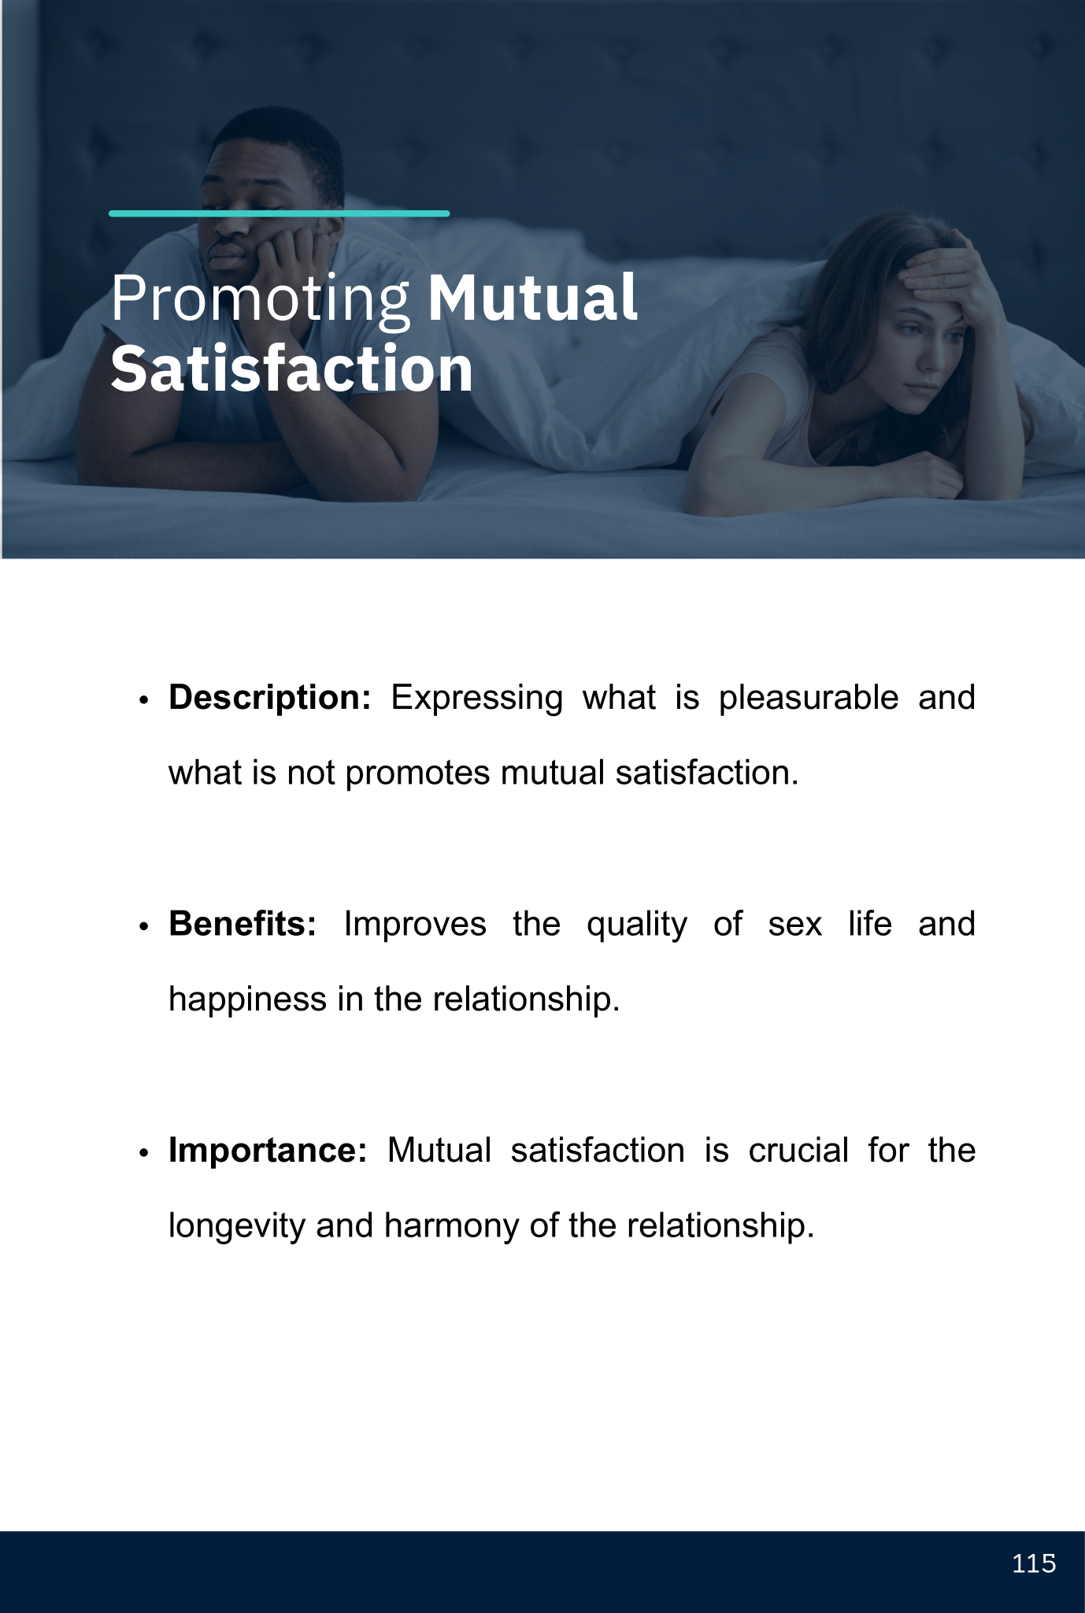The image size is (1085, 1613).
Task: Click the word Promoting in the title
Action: tap(261, 300)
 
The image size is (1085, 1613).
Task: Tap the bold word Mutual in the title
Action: tap(532, 297)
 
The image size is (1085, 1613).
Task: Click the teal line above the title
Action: tap(280, 213)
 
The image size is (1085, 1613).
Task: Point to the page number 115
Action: tap(1034, 1563)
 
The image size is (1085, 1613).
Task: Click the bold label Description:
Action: tap(269, 698)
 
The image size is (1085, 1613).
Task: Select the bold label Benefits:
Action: tap(243, 924)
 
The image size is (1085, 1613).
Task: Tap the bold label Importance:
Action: tap(268, 1151)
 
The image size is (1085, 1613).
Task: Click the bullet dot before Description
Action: tap(143, 701)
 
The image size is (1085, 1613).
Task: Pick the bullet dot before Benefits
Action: tap(143, 927)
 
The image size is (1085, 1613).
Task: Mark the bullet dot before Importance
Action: tap(143, 1153)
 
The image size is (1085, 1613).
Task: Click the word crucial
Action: tap(798, 1151)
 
